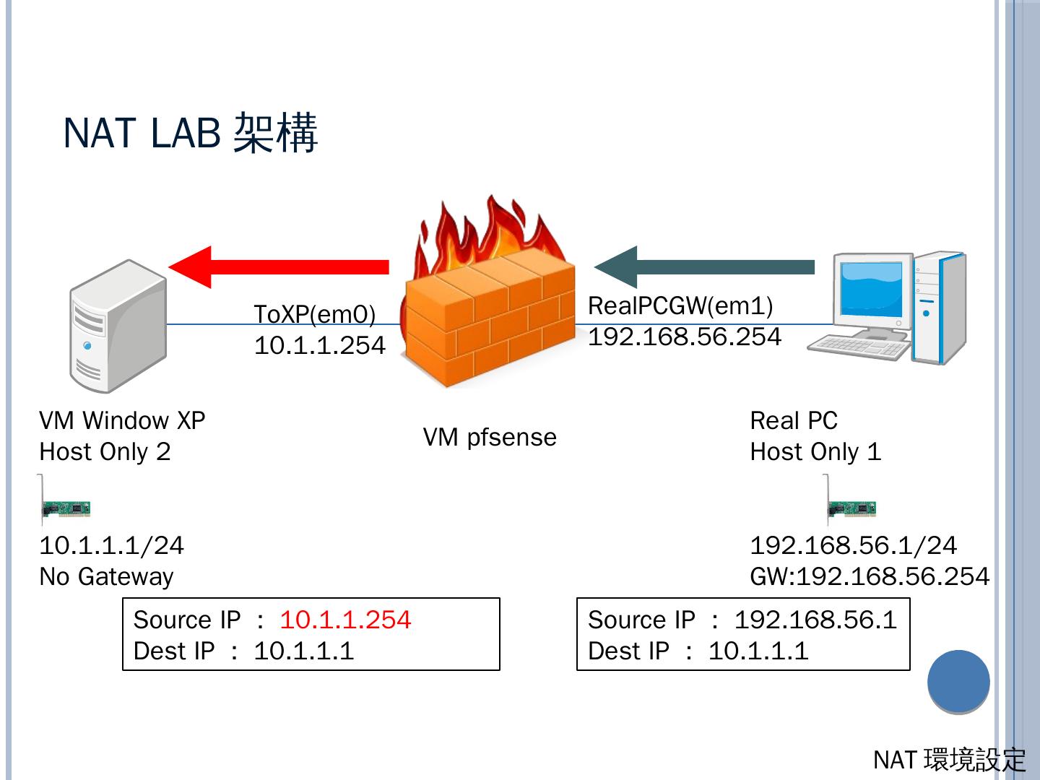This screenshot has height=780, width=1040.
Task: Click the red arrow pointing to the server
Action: coord(279,267)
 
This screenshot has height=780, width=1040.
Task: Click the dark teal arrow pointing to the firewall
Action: coord(704,267)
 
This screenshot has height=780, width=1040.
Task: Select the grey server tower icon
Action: coord(118,326)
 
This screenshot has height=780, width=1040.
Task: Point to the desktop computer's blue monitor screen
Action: coord(871,289)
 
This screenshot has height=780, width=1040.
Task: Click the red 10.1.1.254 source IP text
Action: coord(345,620)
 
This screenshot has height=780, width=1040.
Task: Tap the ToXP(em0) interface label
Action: coord(315,314)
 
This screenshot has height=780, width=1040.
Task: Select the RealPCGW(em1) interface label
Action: coord(680,306)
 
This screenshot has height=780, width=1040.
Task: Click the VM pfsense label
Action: coord(490,438)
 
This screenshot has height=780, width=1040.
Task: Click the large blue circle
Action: coord(958,682)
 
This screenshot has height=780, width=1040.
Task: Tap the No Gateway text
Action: coord(107,577)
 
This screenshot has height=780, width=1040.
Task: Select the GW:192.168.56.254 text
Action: coord(870,577)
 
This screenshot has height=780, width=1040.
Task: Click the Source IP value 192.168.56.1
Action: coord(816,620)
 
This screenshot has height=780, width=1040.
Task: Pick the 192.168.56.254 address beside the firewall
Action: coord(685,337)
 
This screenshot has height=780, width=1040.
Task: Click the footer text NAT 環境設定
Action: coord(950,760)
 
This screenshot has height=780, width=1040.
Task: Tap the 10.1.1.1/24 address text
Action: coord(112,545)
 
